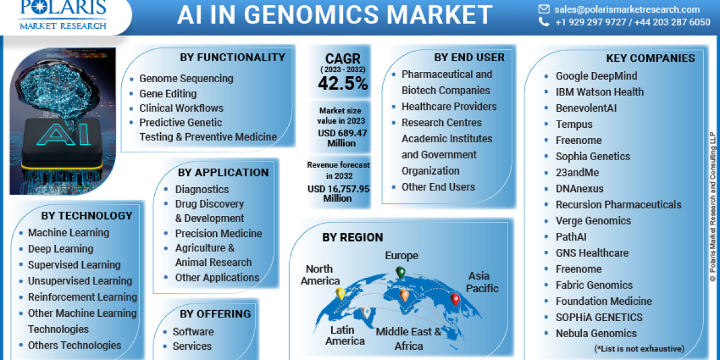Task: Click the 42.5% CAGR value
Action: coord(343,84)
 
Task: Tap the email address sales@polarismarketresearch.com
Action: coord(626,9)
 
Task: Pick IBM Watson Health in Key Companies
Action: coord(599,92)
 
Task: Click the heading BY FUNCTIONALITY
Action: coord(232,58)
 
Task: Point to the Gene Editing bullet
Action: coord(167,94)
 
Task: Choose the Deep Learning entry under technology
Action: coord(60,249)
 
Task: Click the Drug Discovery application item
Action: coord(209,204)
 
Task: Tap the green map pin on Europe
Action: coord(400,273)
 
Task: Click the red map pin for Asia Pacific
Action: coord(455,298)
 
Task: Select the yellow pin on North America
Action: coord(340,293)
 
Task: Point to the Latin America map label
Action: coord(344,335)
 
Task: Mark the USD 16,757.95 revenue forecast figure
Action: coord(338,188)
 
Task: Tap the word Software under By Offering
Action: coord(193,332)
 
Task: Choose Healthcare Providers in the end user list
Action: coord(449,107)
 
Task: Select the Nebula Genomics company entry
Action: coord(596,334)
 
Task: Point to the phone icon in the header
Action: coord(544,22)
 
